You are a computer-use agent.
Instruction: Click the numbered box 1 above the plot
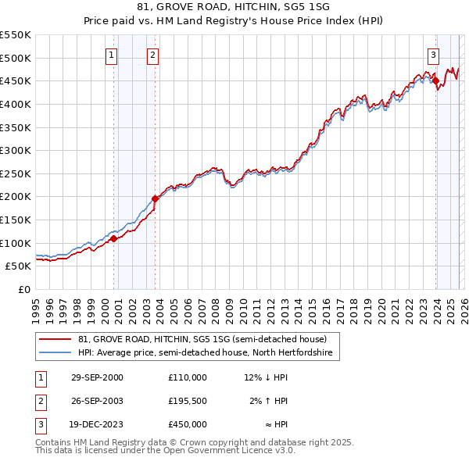112,55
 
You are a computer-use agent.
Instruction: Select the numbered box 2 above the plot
152,55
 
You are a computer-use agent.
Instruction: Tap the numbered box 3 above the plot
432,55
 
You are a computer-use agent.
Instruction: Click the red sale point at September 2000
114,238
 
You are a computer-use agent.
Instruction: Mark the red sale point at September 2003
155,198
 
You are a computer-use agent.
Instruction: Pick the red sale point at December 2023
435,80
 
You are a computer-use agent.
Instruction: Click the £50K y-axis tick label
19,266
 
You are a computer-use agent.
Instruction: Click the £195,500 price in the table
187,401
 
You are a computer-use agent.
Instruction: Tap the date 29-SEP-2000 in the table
97,377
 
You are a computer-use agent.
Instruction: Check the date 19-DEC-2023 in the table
97,424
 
